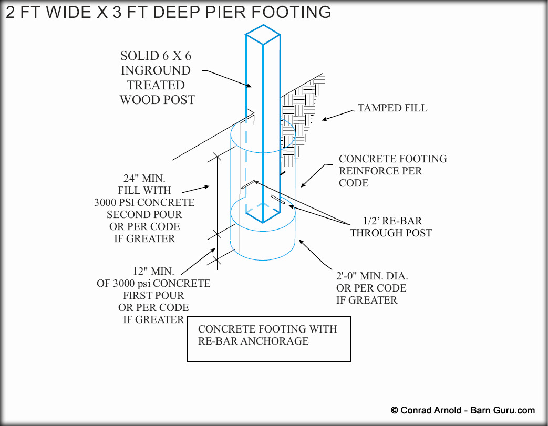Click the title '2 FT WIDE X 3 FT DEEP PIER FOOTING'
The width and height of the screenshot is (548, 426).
click(169, 12)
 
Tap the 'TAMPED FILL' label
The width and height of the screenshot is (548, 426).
click(392, 108)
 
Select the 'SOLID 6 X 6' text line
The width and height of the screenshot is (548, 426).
click(156, 56)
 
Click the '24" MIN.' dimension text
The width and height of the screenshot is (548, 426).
click(144, 178)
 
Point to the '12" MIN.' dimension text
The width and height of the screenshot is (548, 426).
click(153, 271)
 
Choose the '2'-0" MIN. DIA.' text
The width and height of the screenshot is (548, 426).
click(372, 276)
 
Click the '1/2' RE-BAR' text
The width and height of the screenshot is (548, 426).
click(392, 221)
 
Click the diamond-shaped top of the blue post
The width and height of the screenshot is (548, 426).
click(263, 35)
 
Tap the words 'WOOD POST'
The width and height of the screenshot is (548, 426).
click(157, 100)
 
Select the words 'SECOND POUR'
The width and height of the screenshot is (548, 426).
click(144, 214)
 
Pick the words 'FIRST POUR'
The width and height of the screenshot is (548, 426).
click(153, 295)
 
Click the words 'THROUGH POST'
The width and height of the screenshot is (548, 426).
click(391, 233)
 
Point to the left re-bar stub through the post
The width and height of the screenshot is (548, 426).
click(249, 184)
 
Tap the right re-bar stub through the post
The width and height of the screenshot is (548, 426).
click(277, 200)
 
